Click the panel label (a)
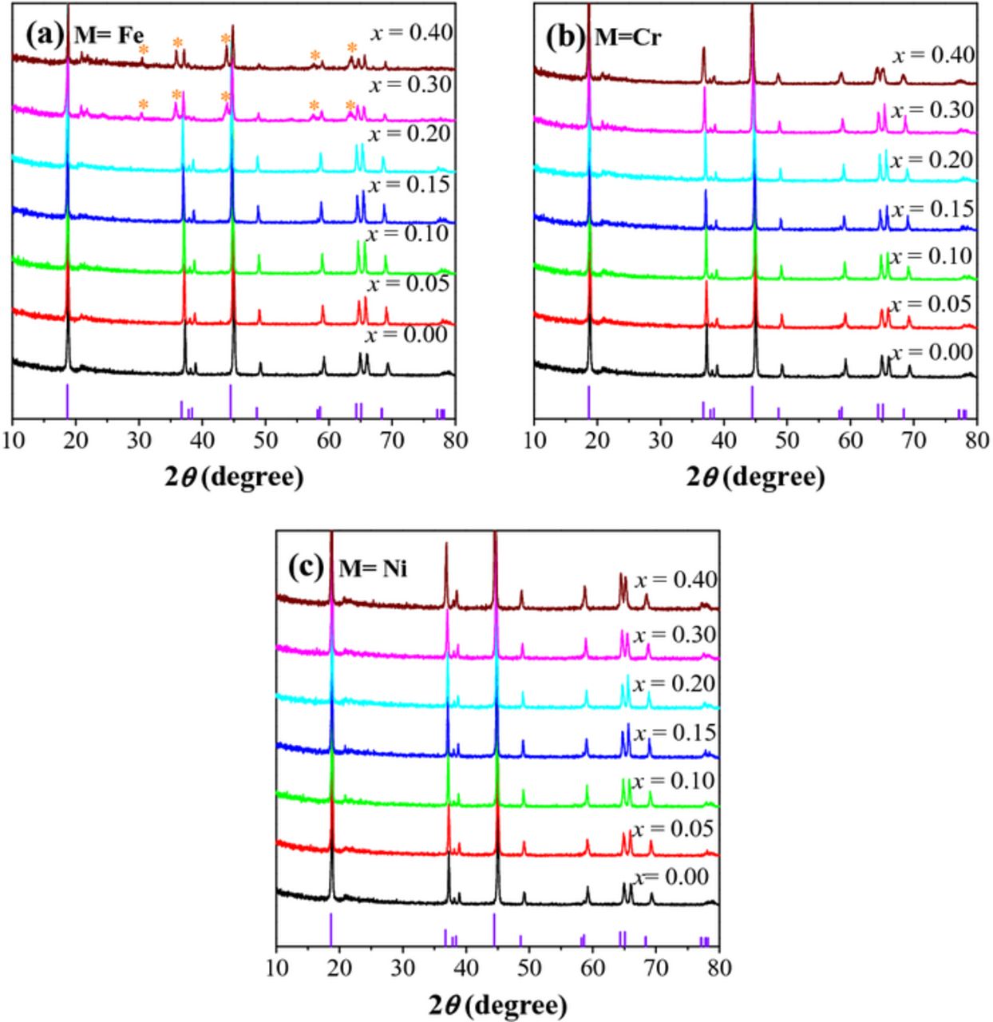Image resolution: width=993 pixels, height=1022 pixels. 43,35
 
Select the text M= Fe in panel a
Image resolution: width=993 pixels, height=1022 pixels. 109,36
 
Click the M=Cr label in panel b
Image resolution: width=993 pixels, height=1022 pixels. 629,37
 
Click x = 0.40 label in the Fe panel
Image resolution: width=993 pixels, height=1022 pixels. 411,33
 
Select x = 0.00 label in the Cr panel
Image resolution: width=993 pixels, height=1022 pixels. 932,353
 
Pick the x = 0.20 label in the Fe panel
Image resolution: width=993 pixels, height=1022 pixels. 410,133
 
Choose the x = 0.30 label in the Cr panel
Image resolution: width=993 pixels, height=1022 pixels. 932,110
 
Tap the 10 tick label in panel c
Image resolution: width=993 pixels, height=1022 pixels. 276,969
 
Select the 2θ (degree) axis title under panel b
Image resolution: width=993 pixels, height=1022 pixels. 755,476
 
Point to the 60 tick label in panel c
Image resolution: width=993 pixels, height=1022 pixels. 592,969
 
